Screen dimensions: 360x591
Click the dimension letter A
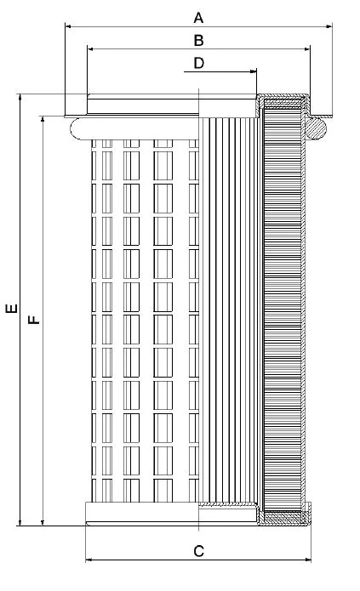[198, 18]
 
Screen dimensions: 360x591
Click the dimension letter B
[198, 40]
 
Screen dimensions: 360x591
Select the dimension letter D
[199, 63]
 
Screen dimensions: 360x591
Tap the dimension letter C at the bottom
[198, 551]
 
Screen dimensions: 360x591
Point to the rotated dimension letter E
[12, 309]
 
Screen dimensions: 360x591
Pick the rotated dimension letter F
[34, 320]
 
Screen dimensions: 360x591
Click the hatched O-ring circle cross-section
[316, 128]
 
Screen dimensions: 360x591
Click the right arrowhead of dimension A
[329, 26]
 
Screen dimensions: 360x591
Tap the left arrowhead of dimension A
[68, 26]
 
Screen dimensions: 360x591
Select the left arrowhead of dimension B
[90, 49]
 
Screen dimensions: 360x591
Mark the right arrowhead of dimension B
[306, 49]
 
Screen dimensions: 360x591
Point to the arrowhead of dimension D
[254, 71]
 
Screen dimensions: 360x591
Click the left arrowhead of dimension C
[89, 560]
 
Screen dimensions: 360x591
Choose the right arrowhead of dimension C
[307, 560]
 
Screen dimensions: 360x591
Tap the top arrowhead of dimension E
[20, 97]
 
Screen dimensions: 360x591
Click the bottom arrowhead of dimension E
[20, 522]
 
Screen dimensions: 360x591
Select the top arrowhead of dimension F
[43, 120]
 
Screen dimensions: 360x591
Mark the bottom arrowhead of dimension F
[43, 522]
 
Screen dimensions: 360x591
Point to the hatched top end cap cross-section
[283, 102]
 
